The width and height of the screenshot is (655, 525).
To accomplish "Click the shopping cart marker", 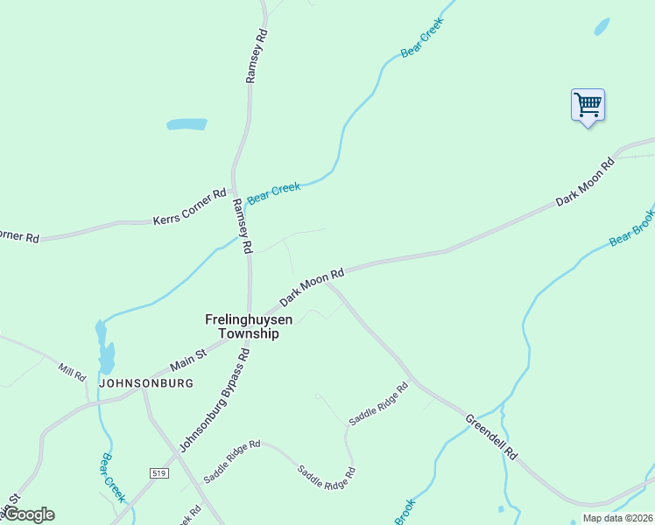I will (x=588, y=106).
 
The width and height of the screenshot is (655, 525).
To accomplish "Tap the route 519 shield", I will (x=158, y=473).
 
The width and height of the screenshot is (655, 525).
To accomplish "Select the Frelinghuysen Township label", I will (x=243, y=326).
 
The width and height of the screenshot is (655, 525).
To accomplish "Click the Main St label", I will (x=187, y=357).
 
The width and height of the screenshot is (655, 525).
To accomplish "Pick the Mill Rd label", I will (x=72, y=371).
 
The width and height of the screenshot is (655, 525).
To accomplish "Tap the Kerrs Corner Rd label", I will (x=189, y=206).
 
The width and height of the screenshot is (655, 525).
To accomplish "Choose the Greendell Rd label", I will (x=492, y=437).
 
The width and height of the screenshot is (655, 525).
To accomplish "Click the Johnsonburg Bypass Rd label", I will (x=215, y=400).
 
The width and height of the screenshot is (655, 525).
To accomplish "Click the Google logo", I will (x=28, y=514).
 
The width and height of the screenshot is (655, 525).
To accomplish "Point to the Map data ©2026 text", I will (x=617, y=518).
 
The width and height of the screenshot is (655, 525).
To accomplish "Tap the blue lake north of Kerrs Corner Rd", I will (x=187, y=124).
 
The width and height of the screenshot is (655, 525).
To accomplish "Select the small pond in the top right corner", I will (x=602, y=26).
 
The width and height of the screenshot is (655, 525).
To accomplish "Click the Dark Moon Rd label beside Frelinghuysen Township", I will (x=312, y=288).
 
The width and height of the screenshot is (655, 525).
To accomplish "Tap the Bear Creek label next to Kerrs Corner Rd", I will (x=273, y=192).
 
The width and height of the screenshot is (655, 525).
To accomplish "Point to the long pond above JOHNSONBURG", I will (x=104, y=347).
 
